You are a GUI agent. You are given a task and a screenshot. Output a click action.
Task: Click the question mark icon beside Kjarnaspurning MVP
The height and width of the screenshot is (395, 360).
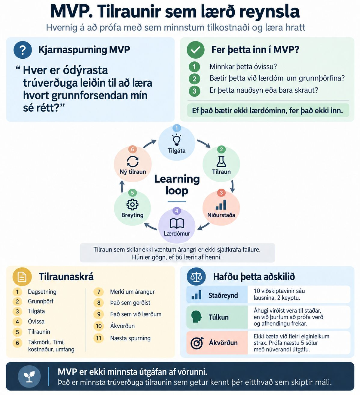pyautogui.click(x=23, y=50)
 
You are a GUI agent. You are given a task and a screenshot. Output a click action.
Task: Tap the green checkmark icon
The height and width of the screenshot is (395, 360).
pyautogui.click(x=196, y=50)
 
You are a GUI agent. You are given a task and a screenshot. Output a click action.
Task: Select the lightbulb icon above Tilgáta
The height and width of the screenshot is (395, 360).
pyautogui.click(x=176, y=140)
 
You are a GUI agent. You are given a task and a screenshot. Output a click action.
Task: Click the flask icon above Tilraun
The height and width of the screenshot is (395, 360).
pyautogui.click(x=221, y=162)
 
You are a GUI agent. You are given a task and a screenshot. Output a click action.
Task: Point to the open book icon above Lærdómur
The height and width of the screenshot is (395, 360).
pyautogui.click(x=177, y=223)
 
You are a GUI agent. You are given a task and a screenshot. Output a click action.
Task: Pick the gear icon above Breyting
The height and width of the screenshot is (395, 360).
pyautogui.click(x=133, y=204)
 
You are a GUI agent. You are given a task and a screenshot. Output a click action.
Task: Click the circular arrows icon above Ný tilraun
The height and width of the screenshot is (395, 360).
pyautogui.click(x=133, y=162)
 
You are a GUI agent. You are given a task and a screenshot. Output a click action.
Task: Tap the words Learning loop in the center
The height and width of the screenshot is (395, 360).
pyautogui.click(x=177, y=185)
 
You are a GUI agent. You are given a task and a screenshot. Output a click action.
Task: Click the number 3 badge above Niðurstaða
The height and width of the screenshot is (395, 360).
pyautogui.click(x=221, y=193)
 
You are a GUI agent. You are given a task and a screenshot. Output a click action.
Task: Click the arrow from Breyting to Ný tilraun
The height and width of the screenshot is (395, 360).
pyautogui.click(x=122, y=186)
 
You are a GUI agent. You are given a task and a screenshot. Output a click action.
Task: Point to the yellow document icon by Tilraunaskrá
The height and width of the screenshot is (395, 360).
pyautogui.click(x=22, y=277)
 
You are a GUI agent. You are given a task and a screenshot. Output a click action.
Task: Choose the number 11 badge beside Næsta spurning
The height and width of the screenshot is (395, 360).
pyautogui.click(x=99, y=338)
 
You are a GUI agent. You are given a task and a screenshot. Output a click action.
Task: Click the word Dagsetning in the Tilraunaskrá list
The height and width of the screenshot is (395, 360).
pyautogui.click(x=42, y=292)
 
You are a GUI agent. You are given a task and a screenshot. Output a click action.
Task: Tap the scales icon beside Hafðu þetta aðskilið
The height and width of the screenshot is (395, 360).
pyautogui.click(x=196, y=277)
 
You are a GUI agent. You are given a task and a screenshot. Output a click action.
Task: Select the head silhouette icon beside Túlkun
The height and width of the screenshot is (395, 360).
pyautogui.click(x=196, y=316)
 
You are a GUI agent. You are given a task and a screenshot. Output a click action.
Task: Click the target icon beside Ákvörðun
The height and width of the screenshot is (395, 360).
pyautogui.click(x=197, y=343)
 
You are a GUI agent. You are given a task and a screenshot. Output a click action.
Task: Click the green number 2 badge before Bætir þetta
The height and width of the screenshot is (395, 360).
pyautogui.click(x=194, y=79)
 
